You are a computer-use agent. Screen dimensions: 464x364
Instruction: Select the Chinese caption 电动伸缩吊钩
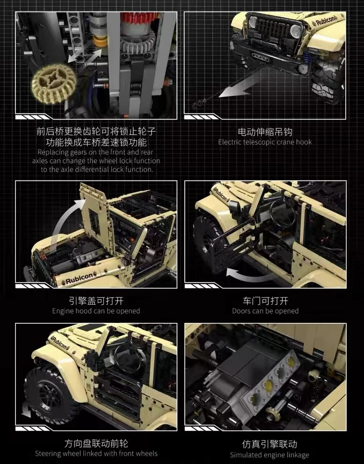click(265, 132)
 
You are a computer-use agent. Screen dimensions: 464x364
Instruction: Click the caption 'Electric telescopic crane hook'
click(265, 142)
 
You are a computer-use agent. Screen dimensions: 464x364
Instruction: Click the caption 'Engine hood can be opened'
click(96, 311)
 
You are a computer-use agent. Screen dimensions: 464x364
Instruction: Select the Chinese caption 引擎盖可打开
click(96, 300)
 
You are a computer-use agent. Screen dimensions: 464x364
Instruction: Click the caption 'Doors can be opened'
click(265, 311)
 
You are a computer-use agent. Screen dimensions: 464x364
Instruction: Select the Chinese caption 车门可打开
click(265, 300)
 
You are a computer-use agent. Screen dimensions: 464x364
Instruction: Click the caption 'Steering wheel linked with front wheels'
click(96, 454)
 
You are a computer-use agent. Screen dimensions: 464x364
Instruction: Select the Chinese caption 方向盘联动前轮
click(96, 443)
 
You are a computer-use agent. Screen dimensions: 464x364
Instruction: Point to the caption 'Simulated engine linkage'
click(269, 455)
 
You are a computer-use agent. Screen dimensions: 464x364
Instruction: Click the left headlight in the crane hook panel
click(254, 22)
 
